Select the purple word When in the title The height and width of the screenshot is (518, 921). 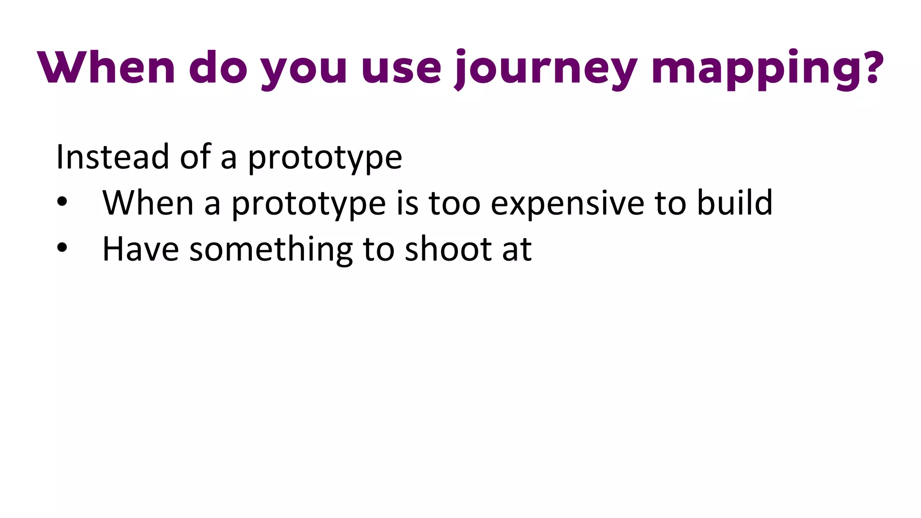click(106, 67)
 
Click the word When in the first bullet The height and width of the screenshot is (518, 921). click(148, 203)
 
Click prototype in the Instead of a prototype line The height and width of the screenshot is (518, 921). click(325, 158)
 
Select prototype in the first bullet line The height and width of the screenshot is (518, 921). click(308, 205)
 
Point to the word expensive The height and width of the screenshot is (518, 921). click(567, 205)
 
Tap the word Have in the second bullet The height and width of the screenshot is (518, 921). click(140, 249)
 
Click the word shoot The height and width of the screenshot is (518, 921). click(448, 249)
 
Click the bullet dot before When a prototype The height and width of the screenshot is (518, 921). click(62, 202)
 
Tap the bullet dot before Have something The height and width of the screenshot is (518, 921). click(62, 248)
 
